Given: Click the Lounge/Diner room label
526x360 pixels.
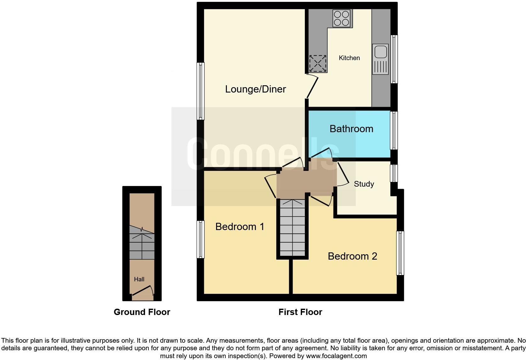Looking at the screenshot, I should click(x=255, y=89).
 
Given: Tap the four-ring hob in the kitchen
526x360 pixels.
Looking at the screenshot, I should click(x=341, y=18).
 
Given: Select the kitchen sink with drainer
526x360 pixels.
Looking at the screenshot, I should click(x=380, y=59).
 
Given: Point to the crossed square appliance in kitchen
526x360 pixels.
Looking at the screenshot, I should click(x=318, y=63).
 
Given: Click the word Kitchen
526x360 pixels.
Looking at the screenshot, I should click(x=349, y=58).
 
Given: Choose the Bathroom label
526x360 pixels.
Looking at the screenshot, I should click(x=351, y=129).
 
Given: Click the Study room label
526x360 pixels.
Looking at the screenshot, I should click(x=364, y=184).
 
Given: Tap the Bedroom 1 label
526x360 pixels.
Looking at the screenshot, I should click(x=240, y=227).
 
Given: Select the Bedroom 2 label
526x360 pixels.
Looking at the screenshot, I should click(x=352, y=256).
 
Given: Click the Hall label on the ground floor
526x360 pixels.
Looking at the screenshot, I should click(x=139, y=279).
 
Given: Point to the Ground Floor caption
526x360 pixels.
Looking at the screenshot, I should click(x=142, y=312).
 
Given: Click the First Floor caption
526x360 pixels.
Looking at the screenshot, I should click(x=300, y=312).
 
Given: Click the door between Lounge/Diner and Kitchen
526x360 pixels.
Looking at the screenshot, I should click(x=312, y=87).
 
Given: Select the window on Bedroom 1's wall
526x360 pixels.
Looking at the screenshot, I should click(x=200, y=239).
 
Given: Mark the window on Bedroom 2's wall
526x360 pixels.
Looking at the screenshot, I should click(x=400, y=253).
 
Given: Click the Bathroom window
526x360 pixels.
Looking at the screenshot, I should click(x=394, y=130).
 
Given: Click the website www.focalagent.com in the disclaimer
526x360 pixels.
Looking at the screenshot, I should click(x=336, y=356).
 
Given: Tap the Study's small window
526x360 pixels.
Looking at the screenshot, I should click(x=394, y=173).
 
